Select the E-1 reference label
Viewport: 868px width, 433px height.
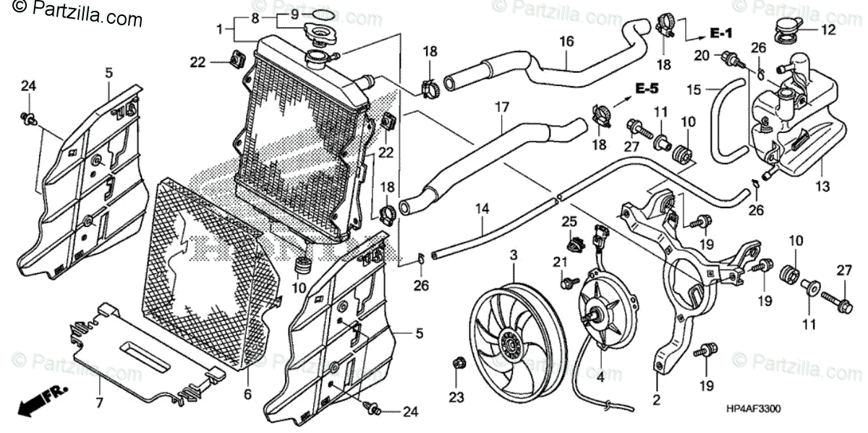coord(720,33)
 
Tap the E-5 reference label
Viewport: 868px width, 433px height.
coord(647,88)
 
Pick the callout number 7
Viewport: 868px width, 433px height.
coord(100,402)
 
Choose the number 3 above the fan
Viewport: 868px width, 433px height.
coord(514,255)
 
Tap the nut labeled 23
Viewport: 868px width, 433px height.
coord(456,362)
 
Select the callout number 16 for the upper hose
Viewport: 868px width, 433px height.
coord(566,42)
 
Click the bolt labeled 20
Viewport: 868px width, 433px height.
coord(731,56)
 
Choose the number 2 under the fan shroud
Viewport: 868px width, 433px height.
coord(657,398)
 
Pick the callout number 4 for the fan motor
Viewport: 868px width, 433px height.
coord(599,376)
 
